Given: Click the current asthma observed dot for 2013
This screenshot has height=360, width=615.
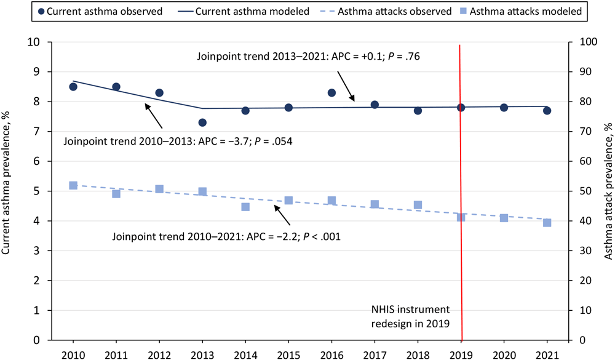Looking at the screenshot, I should (202, 122).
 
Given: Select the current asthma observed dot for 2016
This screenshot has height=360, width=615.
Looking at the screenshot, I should (331, 93).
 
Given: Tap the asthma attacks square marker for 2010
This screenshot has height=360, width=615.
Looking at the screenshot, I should (73, 185).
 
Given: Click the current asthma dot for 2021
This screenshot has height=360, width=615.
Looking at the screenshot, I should (547, 111).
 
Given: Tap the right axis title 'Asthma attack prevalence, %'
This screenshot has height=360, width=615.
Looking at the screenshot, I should (607, 190).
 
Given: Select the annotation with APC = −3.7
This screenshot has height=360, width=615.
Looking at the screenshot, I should (177, 141).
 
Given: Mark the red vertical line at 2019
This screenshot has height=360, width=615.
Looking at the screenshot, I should (461, 185).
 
